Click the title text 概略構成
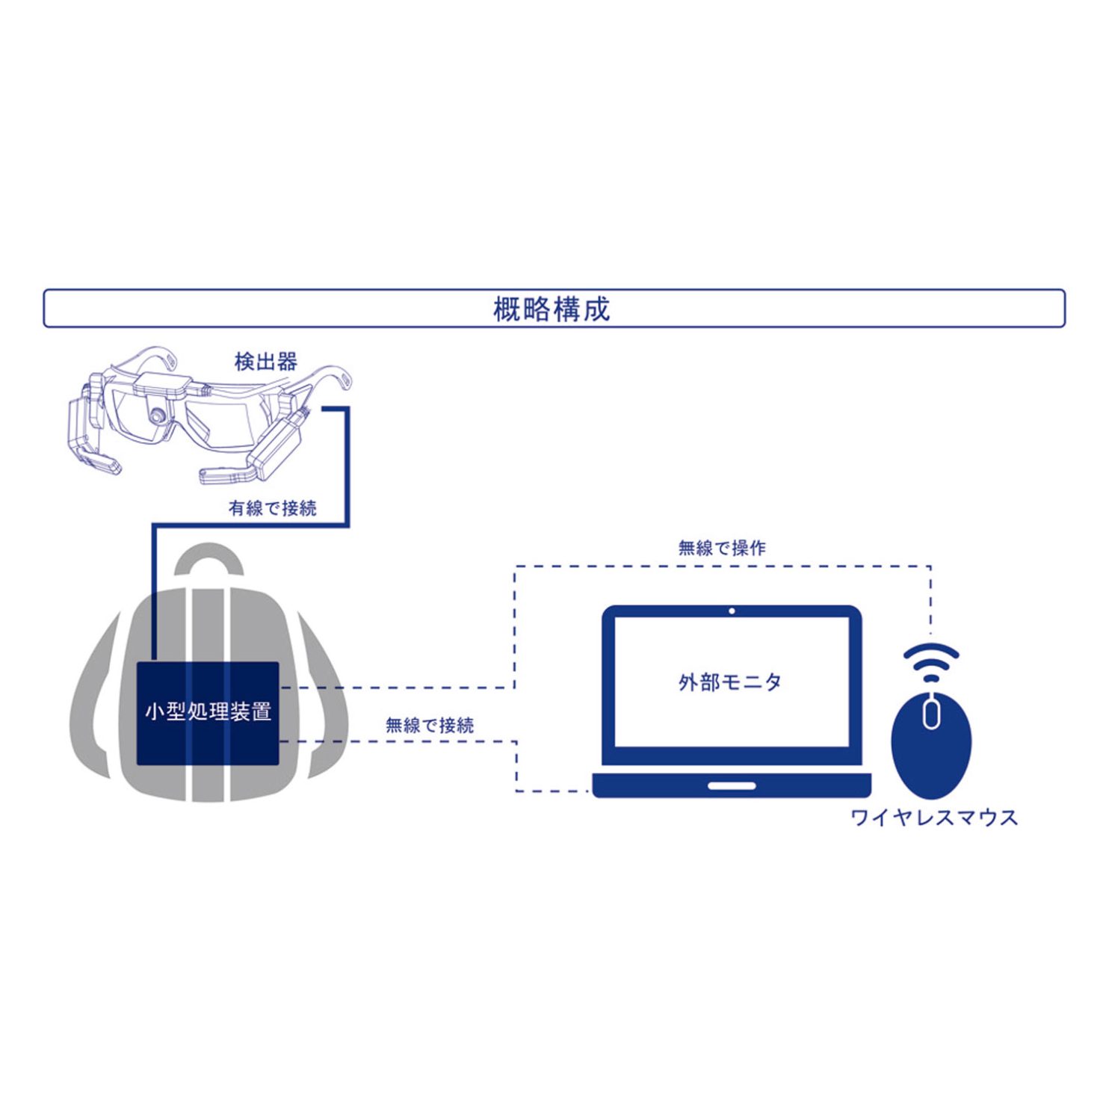[x=552, y=309]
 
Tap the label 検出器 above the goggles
[x=265, y=362]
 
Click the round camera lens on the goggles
[x=157, y=416]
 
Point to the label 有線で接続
[x=273, y=508]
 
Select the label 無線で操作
[x=722, y=548]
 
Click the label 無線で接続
[x=430, y=725]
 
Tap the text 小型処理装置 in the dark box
[x=208, y=711]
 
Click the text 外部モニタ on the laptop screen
[x=730, y=682]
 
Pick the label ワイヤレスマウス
[x=934, y=817]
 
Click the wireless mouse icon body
[x=931, y=755]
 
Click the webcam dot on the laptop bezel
[x=732, y=611]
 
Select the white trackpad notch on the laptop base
[x=732, y=786]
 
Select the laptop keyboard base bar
[x=732, y=785]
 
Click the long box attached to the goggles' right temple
[x=277, y=445]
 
